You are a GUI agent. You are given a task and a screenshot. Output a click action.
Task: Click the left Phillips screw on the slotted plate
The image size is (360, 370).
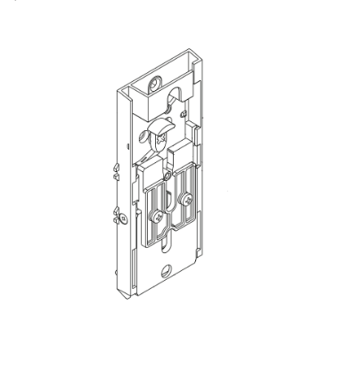click(x=157, y=216)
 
